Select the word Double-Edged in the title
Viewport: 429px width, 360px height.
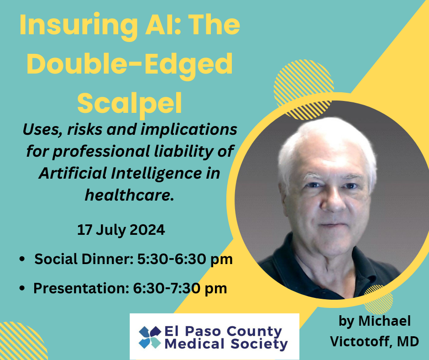pyautogui.click(x=130, y=65)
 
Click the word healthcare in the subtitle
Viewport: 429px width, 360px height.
pyautogui.click(x=130, y=195)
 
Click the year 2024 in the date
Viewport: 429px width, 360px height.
pyautogui.click(x=147, y=230)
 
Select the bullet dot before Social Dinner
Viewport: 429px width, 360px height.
pyautogui.click(x=22, y=259)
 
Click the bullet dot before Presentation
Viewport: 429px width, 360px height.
pyautogui.click(x=22, y=288)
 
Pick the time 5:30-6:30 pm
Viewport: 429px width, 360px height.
pyautogui.click(x=185, y=259)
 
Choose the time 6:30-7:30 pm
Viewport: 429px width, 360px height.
pyautogui.click(x=180, y=288)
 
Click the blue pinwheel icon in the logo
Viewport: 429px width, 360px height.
pyautogui.click(x=150, y=337)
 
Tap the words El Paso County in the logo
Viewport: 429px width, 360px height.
pyautogui.click(x=223, y=332)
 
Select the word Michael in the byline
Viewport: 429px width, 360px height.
pyautogui.click(x=384, y=321)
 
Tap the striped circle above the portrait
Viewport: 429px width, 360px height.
pyautogui.click(x=303, y=90)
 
